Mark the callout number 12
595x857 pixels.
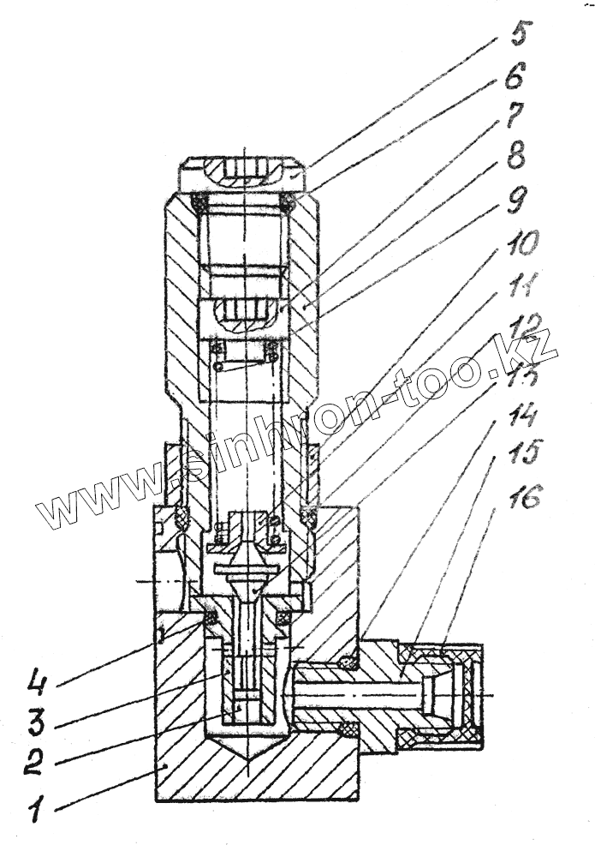tap(524, 328)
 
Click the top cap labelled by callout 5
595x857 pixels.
tap(245, 173)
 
